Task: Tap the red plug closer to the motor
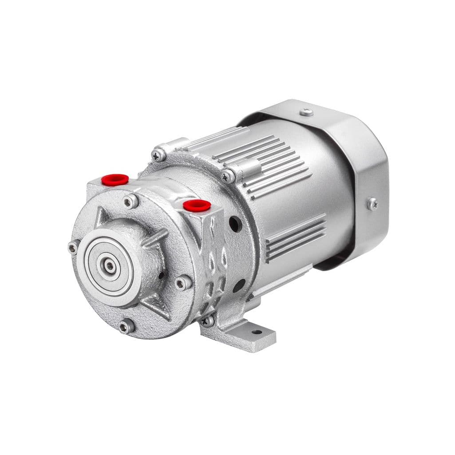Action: point(197,205)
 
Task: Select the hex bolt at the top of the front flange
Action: point(131,202)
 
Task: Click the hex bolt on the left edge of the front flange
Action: point(74,248)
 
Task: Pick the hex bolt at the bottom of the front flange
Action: point(127,326)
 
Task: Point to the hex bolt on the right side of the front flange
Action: point(183,283)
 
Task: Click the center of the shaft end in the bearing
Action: point(109,266)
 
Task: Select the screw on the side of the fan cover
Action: point(372,204)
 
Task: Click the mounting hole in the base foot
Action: point(257,331)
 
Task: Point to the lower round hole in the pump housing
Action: point(238,285)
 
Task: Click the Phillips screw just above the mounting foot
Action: point(207,320)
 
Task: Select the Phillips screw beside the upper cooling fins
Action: point(228,176)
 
